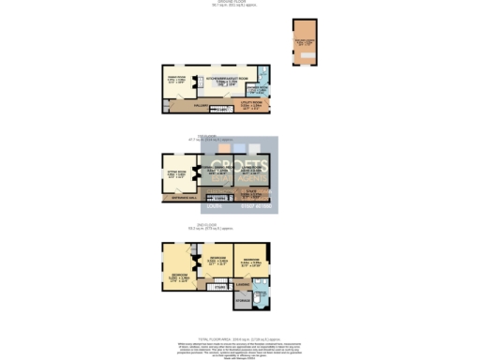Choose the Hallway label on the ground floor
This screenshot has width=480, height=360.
[200, 106]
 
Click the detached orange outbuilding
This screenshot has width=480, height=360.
[306, 42]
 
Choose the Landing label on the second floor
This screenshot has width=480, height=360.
[242, 283]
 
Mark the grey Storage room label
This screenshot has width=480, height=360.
[242, 301]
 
